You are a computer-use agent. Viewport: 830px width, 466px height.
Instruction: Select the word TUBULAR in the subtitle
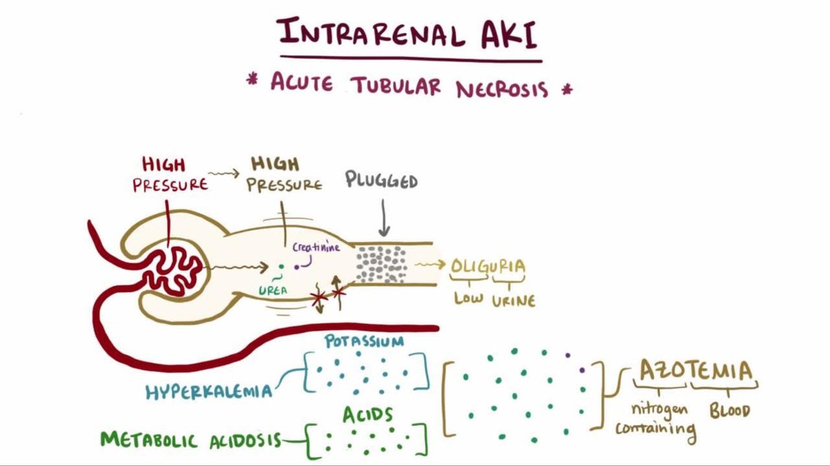click(400, 86)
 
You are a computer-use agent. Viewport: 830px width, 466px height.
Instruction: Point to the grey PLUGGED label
click(382, 182)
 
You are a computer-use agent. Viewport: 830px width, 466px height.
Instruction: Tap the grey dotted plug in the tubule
click(381, 263)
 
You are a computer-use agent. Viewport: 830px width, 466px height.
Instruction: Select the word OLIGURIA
click(488, 265)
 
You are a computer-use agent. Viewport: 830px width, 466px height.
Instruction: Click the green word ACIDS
click(368, 415)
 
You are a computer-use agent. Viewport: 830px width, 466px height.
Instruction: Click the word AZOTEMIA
click(695, 371)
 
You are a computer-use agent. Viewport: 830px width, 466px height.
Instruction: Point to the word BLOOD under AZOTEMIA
click(730, 411)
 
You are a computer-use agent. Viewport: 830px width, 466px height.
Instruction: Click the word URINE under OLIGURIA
click(513, 301)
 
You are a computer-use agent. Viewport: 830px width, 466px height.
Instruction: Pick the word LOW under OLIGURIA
click(468, 299)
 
